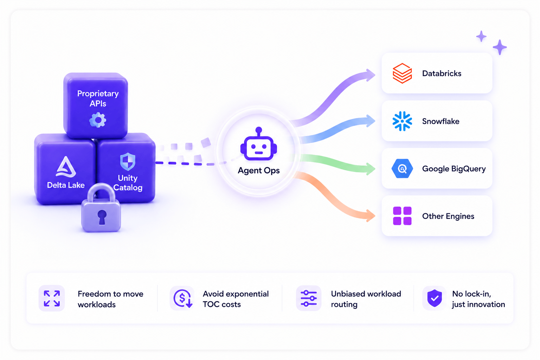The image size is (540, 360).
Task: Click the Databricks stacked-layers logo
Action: pos(402,73)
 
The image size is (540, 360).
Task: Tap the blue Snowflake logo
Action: pos(402,121)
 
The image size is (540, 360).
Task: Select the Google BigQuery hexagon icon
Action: pos(402,168)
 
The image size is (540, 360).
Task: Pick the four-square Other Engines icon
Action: pos(402,216)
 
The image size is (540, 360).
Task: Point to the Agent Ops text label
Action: pos(259,171)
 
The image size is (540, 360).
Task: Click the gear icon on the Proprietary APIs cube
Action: pos(98,120)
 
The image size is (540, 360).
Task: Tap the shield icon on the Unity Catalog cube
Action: pos(128,161)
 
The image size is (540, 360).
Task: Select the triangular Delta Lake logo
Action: pos(66,167)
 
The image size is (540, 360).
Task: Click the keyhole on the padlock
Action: pos(102,217)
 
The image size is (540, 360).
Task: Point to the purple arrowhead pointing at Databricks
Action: pos(369,75)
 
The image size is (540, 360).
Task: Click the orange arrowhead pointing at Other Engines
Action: pos(370,216)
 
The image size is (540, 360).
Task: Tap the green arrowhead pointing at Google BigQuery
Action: pos(370,169)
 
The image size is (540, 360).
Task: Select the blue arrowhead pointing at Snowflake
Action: pos(370,121)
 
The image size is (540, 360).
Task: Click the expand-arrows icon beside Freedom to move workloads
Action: pos(52,298)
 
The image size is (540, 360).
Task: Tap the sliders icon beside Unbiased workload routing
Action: pos(309,298)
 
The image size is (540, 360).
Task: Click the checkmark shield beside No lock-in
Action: pos(435,298)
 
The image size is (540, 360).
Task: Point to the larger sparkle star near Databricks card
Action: pos(500,47)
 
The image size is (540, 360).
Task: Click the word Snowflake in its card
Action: pos(441,121)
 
